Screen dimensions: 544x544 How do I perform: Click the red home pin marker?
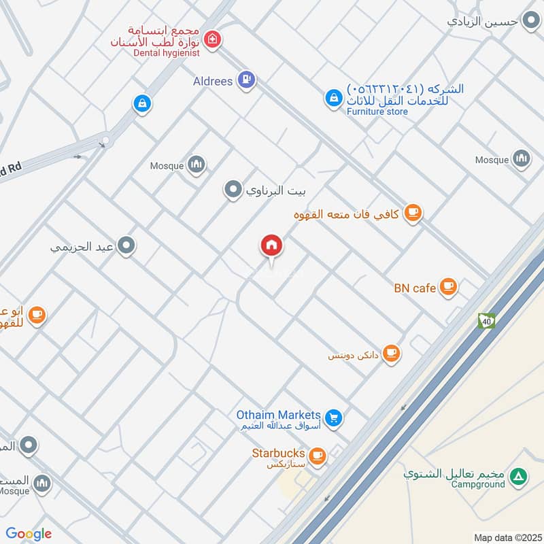pyautogui.click(x=272, y=245)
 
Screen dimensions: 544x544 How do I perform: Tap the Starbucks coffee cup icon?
pyautogui.click(x=316, y=455)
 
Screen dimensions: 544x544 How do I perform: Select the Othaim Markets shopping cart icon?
pyautogui.click(x=333, y=417)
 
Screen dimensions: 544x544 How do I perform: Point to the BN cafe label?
pyautogui.click(x=414, y=288)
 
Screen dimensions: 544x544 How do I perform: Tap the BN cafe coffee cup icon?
pyautogui.click(x=447, y=286)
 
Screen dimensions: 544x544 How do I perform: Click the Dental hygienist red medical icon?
pyautogui.click(x=213, y=40)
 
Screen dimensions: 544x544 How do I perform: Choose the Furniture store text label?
pyautogui.click(x=377, y=112)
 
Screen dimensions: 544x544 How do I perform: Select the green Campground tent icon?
pyautogui.click(x=519, y=477)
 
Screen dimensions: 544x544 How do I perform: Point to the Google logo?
pyautogui.click(x=29, y=534)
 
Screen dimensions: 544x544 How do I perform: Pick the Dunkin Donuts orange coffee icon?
pyautogui.click(x=390, y=353)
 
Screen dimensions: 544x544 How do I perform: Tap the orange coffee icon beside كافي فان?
pyautogui.click(x=413, y=214)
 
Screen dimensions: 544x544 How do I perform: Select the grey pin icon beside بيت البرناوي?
pyautogui.click(x=233, y=190)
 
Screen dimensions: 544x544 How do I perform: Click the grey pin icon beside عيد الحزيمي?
pyautogui.click(x=125, y=246)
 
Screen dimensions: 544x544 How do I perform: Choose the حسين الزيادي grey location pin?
pyautogui.click(x=530, y=20)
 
